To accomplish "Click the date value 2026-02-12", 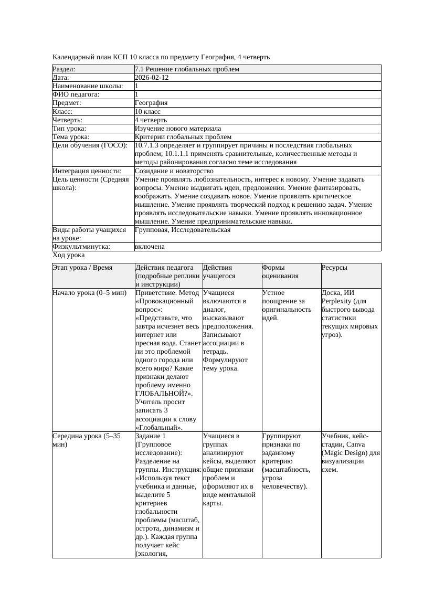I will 152,78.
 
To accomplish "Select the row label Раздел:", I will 64,69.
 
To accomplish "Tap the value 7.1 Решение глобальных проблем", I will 187,69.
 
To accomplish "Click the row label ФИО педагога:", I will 76,94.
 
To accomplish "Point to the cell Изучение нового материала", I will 178,129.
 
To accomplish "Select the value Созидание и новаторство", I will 174,171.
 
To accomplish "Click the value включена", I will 150,247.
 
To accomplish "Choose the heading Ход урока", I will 69,255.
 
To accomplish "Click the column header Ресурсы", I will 334,268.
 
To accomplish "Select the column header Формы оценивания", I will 280,271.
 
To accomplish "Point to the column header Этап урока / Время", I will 82,268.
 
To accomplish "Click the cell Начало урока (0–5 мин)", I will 90,293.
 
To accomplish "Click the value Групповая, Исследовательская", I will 183,230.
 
